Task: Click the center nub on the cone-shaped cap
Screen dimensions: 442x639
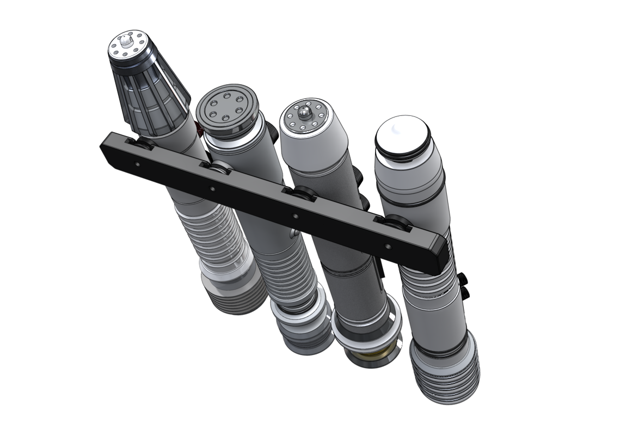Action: (x=126, y=41)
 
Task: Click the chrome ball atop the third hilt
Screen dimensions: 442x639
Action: (x=304, y=113)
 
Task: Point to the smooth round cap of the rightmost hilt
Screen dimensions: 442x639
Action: (x=401, y=133)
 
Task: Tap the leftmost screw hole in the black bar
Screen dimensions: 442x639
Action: (x=137, y=163)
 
